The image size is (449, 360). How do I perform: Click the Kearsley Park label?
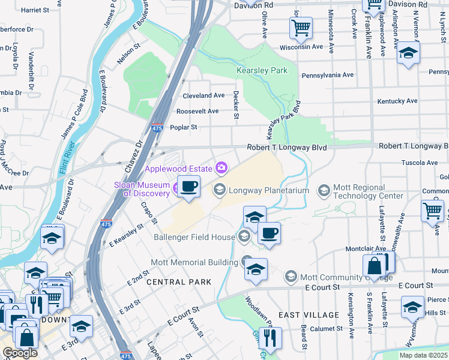262,71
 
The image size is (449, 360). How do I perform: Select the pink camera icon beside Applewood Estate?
222,167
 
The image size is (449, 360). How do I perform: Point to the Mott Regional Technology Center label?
369,191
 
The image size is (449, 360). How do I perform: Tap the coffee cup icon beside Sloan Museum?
189,187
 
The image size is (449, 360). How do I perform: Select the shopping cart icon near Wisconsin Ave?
301,27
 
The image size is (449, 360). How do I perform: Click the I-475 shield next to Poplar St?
157,128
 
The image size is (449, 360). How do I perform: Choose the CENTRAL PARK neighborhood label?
178,282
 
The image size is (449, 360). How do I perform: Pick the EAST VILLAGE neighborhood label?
309,315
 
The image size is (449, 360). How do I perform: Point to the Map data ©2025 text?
423,355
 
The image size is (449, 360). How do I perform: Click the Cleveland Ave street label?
203,96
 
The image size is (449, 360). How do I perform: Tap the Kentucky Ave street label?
397,101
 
